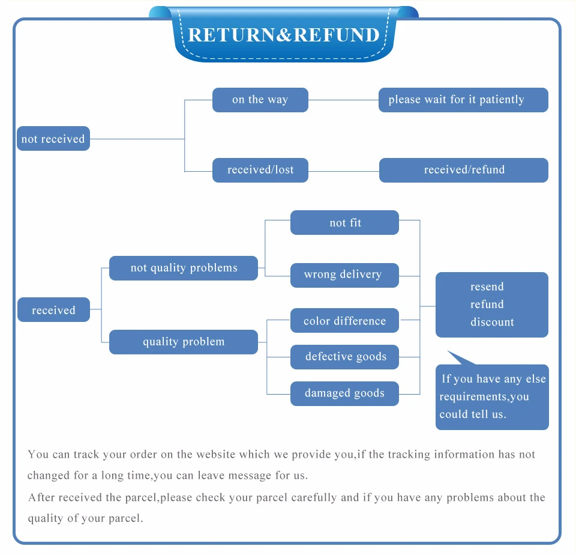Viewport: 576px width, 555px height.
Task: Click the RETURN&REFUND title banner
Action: click(284, 35)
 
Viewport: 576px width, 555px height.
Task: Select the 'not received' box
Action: click(53, 139)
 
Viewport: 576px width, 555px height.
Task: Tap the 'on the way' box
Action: click(260, 100)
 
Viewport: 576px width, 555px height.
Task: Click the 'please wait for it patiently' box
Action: click(463, 100)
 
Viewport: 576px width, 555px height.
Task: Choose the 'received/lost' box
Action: click(260, 170)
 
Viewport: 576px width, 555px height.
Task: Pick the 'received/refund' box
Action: click(464, 170)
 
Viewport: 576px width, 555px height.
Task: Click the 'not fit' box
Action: click(344, 222)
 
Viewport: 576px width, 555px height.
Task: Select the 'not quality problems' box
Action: click(184, 268)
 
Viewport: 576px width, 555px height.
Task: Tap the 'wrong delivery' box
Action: click(344, 275)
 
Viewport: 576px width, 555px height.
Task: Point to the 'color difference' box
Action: click(344, 320)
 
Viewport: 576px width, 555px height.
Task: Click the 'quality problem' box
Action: click(184, 342)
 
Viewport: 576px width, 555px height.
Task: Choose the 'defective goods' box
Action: click(344, 357)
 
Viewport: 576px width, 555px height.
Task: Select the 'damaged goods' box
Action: click(344, 393)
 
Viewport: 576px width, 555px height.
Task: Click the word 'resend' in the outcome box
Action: click(487, 287)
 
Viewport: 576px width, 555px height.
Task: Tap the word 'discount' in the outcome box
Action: click(492, 322)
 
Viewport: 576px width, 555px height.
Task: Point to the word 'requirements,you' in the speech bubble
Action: click(484, 396)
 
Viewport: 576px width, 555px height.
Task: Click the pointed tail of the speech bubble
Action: click(448, 351)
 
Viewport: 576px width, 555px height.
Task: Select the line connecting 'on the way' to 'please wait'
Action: click(343, 100)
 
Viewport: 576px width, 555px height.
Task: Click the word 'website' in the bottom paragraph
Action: click(215, 454)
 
